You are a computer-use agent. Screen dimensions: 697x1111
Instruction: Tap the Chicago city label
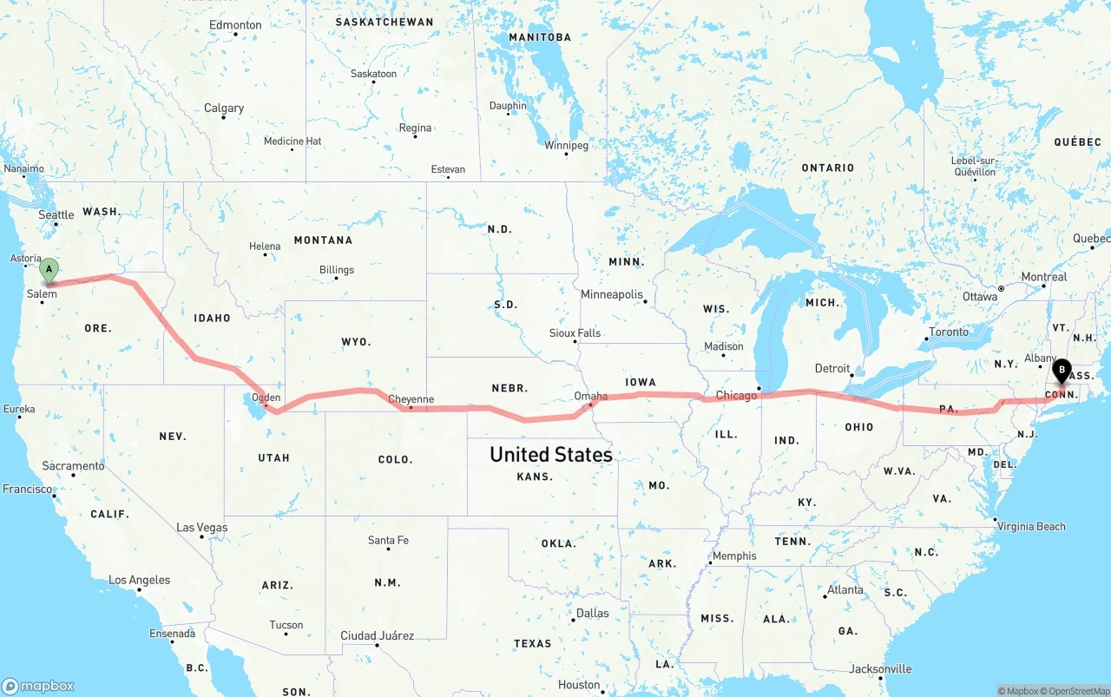[736, 396]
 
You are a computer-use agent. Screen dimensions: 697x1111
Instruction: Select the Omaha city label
[591, 396]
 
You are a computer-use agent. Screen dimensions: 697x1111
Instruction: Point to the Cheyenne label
[411, 399]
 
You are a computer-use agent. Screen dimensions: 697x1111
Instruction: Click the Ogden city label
[266, 398]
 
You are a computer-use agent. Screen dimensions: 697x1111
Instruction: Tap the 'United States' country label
[550, 454]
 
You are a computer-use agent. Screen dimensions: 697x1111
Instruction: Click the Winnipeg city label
[566, 145]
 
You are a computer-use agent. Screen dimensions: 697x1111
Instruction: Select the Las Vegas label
[201, 528]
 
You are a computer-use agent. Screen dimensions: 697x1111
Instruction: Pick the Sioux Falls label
[575, 333]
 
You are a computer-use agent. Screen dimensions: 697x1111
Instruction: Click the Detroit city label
[832, 369]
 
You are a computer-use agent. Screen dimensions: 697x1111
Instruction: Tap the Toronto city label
[948, 332]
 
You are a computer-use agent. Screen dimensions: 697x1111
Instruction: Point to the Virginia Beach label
[1030, 526]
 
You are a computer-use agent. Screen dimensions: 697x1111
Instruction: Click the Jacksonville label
[880, 668]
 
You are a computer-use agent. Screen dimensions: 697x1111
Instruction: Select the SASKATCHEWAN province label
[384, 22]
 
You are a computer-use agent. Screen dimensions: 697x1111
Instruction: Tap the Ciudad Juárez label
[377, 635]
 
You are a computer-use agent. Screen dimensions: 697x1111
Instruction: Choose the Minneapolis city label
[612, 294]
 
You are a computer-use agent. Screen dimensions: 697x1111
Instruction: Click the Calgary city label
[224, 108]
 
